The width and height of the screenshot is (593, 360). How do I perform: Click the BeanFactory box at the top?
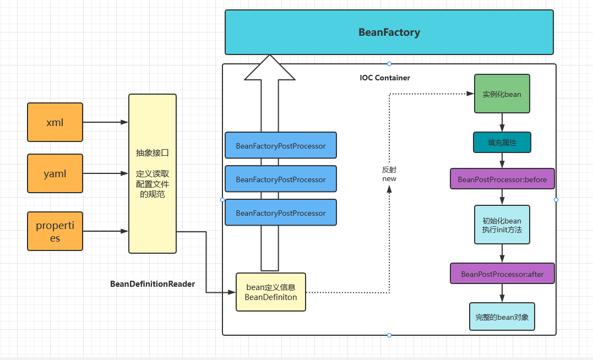[389, 32]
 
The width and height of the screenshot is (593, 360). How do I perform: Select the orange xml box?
[55, 122]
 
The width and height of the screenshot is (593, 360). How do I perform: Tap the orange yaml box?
[55, 173]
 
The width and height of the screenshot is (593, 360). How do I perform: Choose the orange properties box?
[55, 231]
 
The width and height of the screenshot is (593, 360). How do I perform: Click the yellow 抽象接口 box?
[153, 173]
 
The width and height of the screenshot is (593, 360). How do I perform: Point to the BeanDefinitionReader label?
[153, 284]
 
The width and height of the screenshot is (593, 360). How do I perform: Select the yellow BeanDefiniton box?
[270, 292]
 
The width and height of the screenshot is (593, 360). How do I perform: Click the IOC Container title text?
[385, 78]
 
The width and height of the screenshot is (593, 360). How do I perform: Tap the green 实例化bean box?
[502, 94]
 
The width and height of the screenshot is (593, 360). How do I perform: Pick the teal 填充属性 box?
[502, 143]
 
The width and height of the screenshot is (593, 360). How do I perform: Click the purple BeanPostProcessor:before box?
[502, 179]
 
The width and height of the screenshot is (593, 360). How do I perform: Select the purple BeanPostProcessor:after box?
[502, 274]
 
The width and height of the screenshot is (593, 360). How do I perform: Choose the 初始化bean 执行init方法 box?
[502, 225]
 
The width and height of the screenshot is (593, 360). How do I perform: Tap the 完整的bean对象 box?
[502, 317]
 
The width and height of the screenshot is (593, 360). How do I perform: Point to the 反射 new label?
[389, 174]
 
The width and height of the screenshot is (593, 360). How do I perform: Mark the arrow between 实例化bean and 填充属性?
[502, 122]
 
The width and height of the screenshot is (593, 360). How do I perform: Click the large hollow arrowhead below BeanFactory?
[269, 68]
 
